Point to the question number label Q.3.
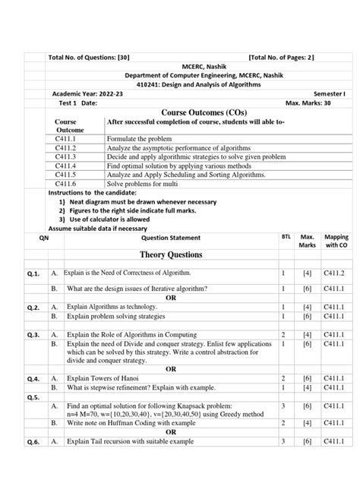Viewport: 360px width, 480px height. click(x=33, y=334)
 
